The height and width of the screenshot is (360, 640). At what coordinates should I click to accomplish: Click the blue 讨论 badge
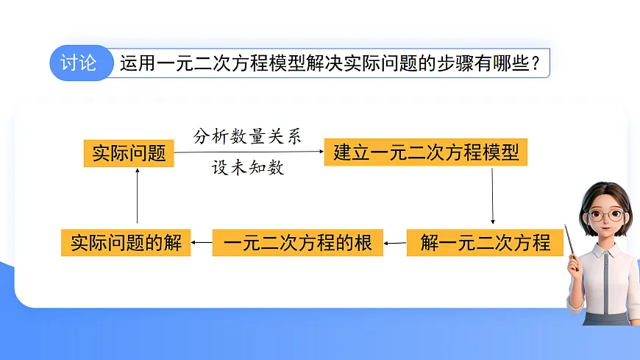pos(79,63)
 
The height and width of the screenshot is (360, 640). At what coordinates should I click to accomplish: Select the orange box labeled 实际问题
pos(128,153)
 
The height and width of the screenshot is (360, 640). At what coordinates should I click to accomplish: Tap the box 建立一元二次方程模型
pos(426,153)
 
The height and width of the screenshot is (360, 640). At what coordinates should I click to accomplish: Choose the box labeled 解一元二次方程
pos(485,242)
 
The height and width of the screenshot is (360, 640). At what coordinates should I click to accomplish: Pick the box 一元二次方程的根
pos(297,242)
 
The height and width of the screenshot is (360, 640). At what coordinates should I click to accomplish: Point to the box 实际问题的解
pos(126,242)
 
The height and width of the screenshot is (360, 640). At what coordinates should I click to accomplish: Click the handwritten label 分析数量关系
pos(247,136)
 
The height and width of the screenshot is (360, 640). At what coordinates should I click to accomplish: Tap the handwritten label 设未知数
pos(248,168)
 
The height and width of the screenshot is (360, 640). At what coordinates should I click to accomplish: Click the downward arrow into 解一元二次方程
pos(492,195)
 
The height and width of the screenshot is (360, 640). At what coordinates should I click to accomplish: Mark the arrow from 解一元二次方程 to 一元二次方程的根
pos(395,242)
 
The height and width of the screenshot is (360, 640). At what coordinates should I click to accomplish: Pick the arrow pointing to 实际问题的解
pos(202,242)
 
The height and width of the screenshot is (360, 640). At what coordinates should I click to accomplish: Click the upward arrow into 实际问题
pos(137,195)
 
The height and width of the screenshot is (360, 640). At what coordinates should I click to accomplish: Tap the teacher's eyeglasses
pos(605,215)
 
